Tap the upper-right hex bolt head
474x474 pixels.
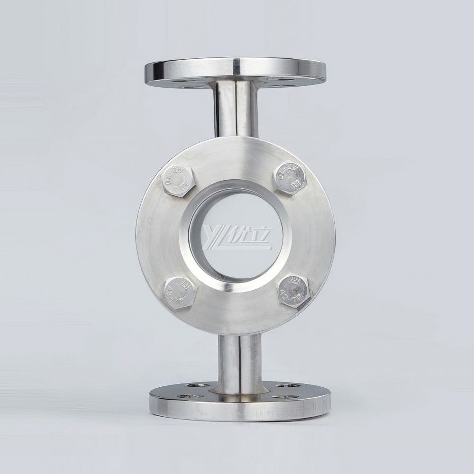tap(290, 175)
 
